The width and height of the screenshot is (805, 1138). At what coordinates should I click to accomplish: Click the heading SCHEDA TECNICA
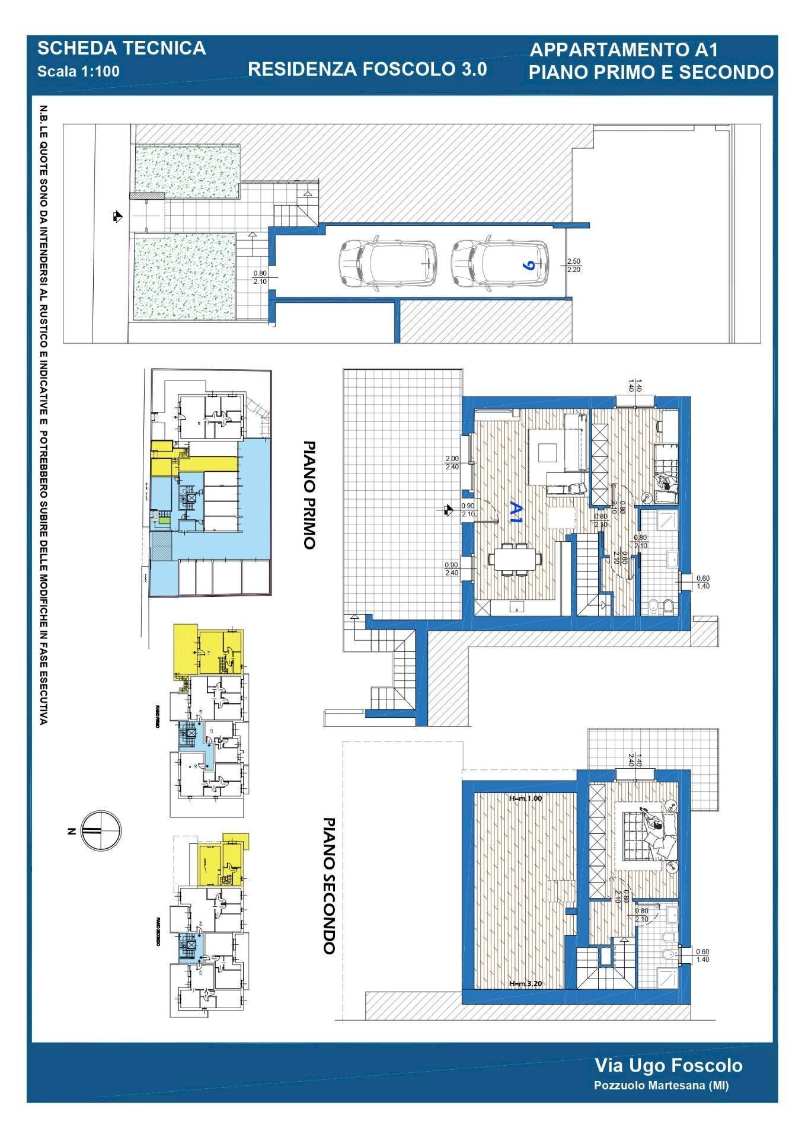(x=122, y=48)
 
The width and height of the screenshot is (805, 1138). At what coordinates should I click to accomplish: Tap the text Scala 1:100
(x=78, y=72)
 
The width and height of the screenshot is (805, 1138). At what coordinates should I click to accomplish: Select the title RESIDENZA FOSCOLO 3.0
(x=367, y=69)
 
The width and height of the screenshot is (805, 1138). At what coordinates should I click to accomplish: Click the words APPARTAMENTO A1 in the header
(x=624, y=50)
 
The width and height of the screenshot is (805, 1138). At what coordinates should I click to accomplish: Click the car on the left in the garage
(x=388, y=265)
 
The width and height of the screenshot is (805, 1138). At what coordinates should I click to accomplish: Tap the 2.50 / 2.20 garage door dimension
(x=574, y=265)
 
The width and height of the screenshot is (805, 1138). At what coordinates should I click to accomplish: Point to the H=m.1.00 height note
(x=526, y=798)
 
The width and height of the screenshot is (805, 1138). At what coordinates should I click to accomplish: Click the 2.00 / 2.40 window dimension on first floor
(x=452, y=462)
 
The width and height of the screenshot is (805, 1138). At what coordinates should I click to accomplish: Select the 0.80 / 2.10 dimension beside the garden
(x=260, y=277)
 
